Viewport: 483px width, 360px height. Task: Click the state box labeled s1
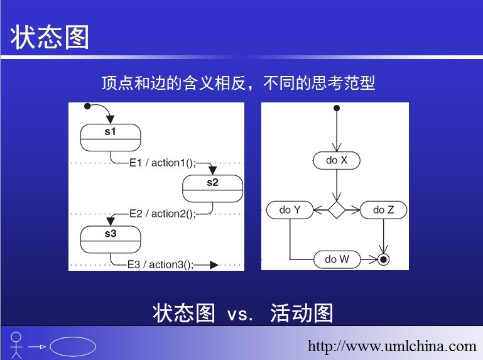pyautogui.click(x=111, y=138)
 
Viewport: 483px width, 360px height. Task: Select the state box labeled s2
pyautogui.click(x=212, y=188)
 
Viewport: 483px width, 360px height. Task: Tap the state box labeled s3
pyautogui.click(x=111, y=239)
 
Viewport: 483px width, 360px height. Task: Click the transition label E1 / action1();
pyautogui.click(x=162, y=163)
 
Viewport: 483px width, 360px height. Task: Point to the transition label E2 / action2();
pyautogui.click(x=162, y=214)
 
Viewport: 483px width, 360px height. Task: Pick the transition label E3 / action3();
pyautogui.click(x=161, y=265)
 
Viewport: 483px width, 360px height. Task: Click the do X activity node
pyautogui.click(x=337, y=160)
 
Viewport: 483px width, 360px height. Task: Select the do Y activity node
pyautogui.click(x=290, y=210)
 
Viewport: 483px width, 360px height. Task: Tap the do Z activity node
pyautogui.click(x=384, y=210)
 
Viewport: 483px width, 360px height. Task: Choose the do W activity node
pyautogui.click(x=337, y=259)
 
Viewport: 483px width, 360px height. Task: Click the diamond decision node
pyautogui.click(x=337, y=210)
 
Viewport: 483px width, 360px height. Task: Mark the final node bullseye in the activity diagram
pyautogui.click(x=383, y=259)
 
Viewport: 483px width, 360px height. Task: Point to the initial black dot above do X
pyautogui.click(x=337, y=108)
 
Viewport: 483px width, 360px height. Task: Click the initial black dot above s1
pyautogui.click(x=87, y=106)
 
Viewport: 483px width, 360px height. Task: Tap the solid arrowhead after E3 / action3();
pyautogui.click(x=214, y=265)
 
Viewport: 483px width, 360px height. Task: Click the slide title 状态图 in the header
pyautogui.click(x=50, y=37)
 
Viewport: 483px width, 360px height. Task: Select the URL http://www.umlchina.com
pyautogui.click(x=392, y=346)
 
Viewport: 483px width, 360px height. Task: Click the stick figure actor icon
pyautogui.click(x=16, y=345)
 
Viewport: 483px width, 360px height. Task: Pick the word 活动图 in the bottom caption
pyautogui.click(x=302, y=313)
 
